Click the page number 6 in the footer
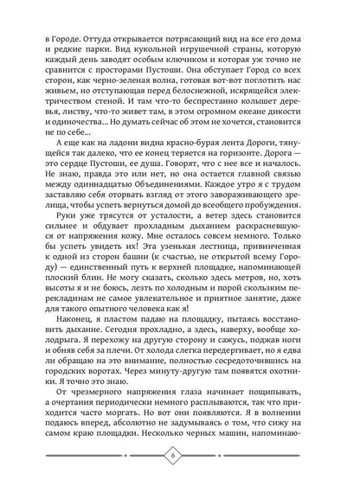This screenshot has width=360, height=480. coord(180,457)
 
